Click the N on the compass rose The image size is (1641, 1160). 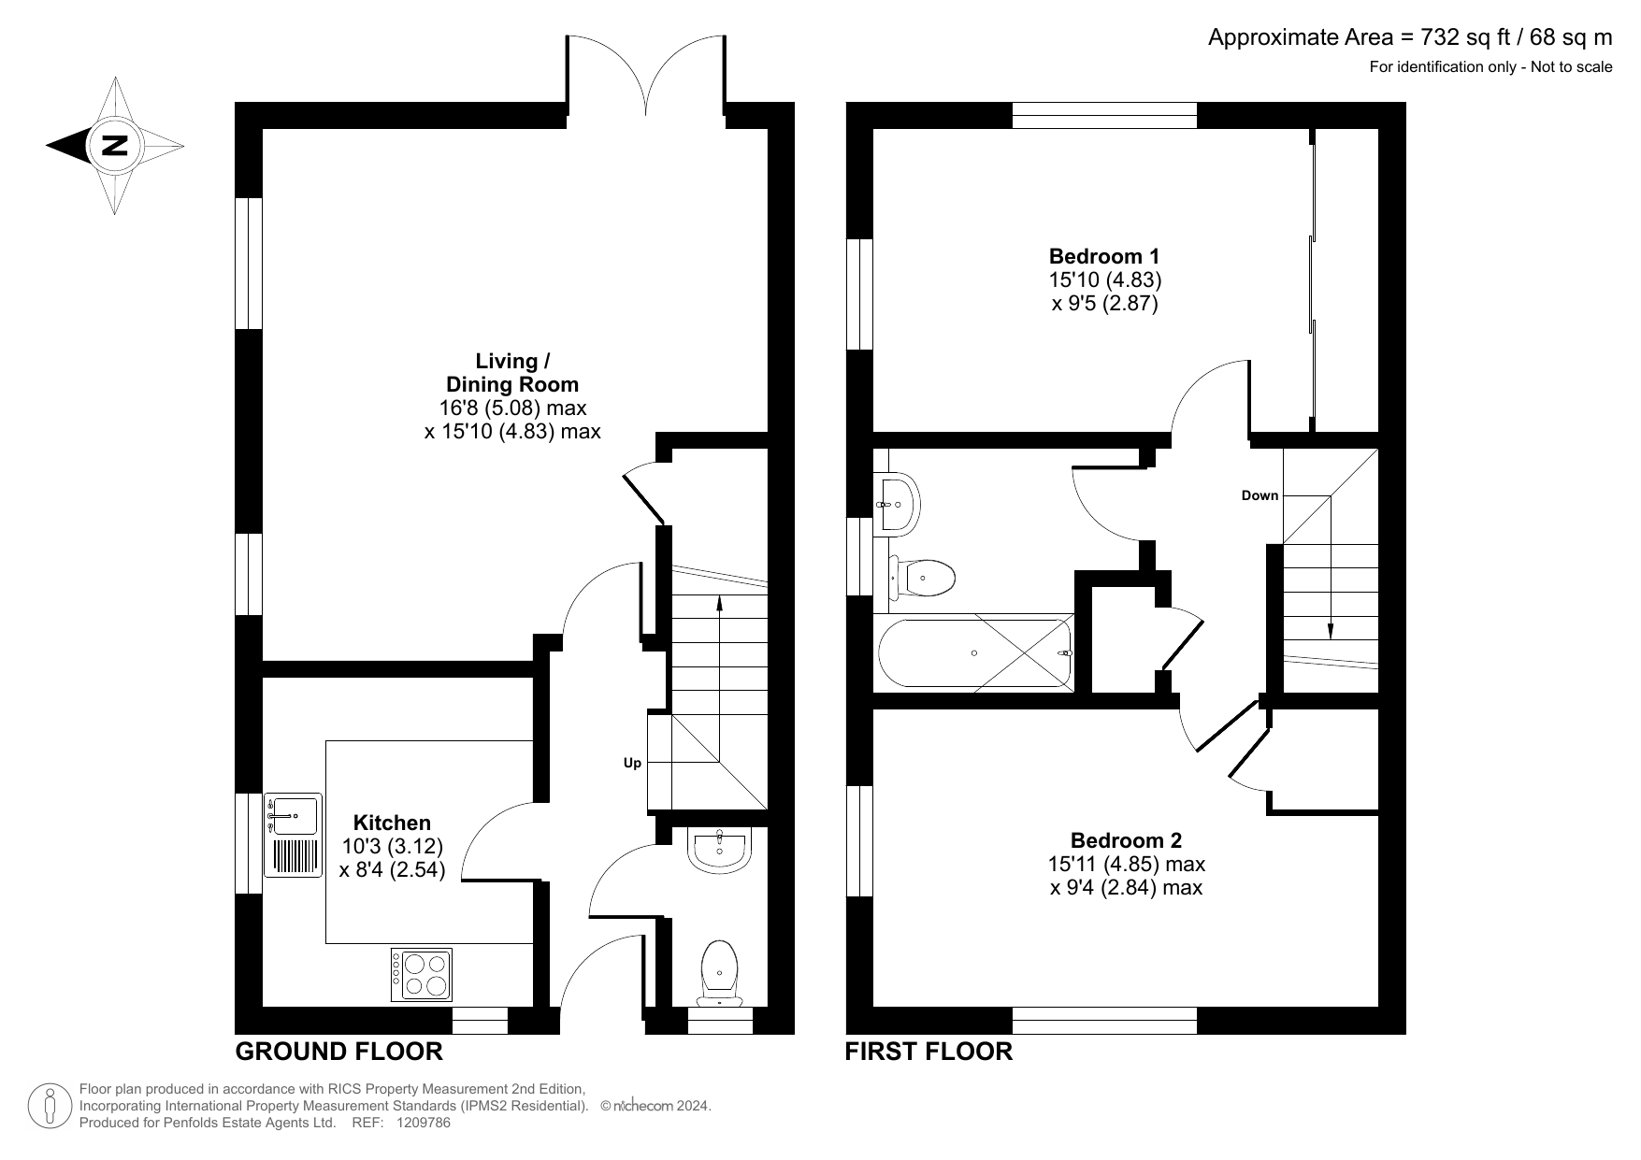[x=115, y=146]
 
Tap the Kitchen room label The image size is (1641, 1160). [x=392, y=823]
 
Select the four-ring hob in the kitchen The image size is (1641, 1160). [x=421, y=975]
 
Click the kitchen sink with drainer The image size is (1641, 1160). [x=293, y=835]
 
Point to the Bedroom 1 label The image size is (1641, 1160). [x=1104, y=256]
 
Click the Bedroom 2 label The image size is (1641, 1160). [x=1126, y=840]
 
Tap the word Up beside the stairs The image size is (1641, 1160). [x=632, y=764]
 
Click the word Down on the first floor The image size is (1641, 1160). [x=1260, y=495]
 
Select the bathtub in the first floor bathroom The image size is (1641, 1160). [x=976, y=653]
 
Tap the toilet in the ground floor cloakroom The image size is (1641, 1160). [x=719, y=972]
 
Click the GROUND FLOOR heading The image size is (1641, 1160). [x=338, y=1052]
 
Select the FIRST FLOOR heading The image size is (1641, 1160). [x=928, y=1052]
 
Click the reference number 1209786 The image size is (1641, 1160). [x=422, y=1124]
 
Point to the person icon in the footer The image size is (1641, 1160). [x=51, y=1107]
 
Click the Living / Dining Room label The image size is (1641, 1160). [x=512, y=372]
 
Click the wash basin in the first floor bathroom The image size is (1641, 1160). [x=899, y=505]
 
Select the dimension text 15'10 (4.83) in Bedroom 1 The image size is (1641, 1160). [x=1104, y=279]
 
